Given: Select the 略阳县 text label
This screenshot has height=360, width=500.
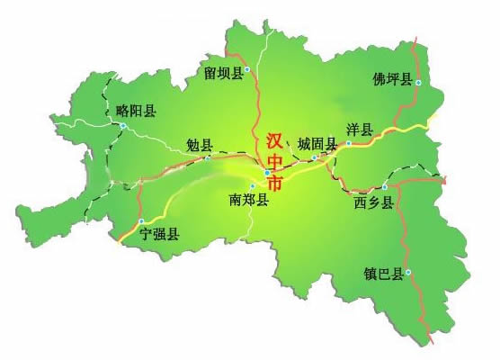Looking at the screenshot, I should tap(136, 111).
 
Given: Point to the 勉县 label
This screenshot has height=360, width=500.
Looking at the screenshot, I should tap(199, 145).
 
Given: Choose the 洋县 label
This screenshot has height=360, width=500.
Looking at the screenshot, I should tap(359, 130).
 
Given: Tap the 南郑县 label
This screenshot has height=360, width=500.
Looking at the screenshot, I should tap(249, 200).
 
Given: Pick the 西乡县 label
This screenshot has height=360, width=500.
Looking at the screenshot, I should tap(374, 202).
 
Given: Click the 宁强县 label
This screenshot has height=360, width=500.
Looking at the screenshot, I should tap(159, 234).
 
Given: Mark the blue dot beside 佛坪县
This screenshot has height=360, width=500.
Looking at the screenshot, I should tap(418, 83).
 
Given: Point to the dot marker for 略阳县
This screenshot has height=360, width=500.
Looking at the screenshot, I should tap(123, 126).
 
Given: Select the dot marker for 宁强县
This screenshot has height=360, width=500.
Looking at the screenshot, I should tap(141, 221).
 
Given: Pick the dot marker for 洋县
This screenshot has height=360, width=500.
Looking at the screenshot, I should tap(349, 143).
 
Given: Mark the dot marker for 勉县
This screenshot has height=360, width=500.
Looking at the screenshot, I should tap(208, 158).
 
